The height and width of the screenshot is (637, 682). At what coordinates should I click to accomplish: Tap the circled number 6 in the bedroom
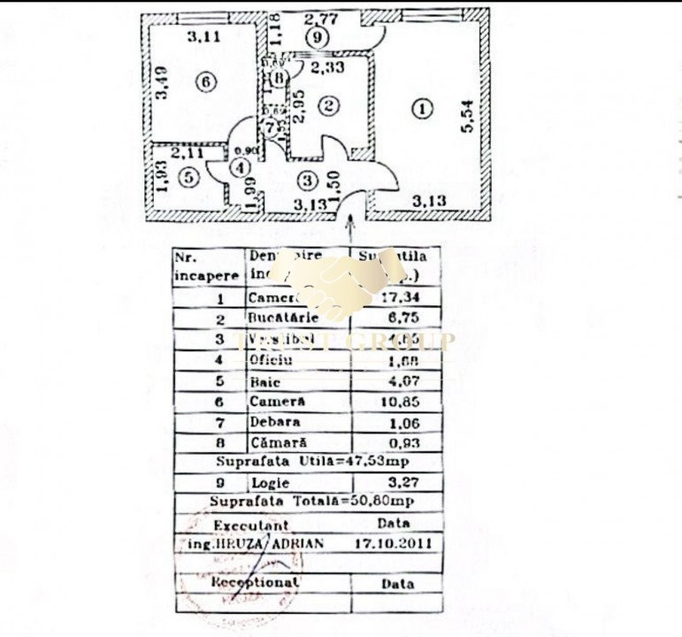click(x=204, y=82)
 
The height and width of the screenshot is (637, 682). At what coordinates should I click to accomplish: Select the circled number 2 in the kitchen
click(x=329, y=106)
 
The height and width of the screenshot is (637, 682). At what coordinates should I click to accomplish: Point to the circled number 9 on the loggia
click(x=317, y=37)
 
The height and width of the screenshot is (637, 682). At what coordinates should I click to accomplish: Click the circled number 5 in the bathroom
click(x=187, y=177)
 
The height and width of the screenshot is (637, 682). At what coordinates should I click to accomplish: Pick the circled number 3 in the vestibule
click(x=306, y=180)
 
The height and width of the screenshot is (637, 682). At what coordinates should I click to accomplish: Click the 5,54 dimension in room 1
click(x=468, y=115)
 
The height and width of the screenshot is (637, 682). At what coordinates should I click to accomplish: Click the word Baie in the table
click(x=264, y=382)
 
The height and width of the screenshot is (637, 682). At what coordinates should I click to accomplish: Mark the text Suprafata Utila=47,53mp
click(x=308, y=462)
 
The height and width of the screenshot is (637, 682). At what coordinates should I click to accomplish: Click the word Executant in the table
click(x=251, y=525)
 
